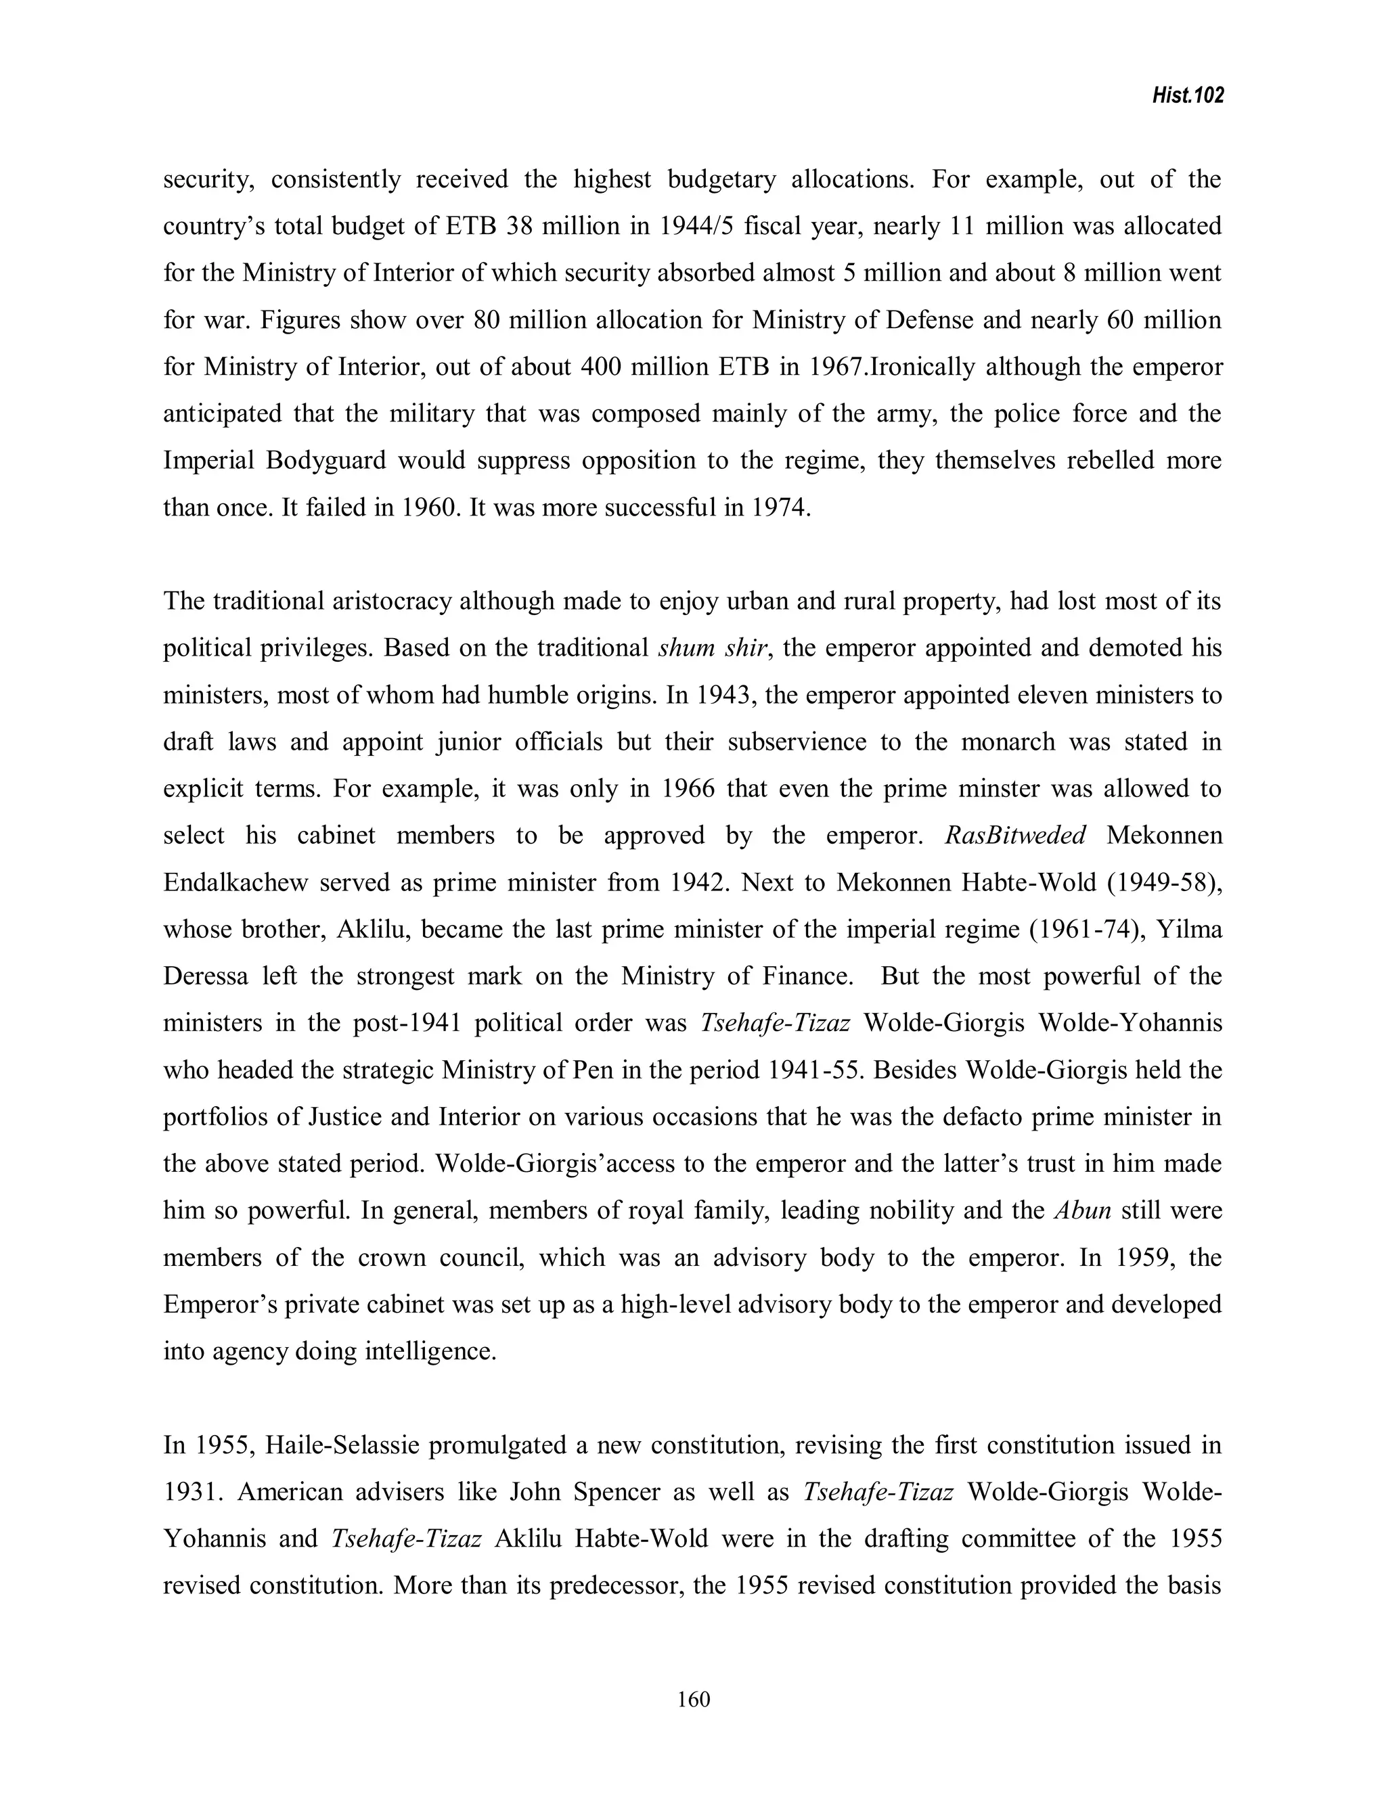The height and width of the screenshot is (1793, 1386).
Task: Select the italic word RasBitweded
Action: pos(1016,836)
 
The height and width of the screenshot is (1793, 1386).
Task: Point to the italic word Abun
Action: pos(1082,1211)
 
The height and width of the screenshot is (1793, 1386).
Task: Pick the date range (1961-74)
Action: pos(1073,930)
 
